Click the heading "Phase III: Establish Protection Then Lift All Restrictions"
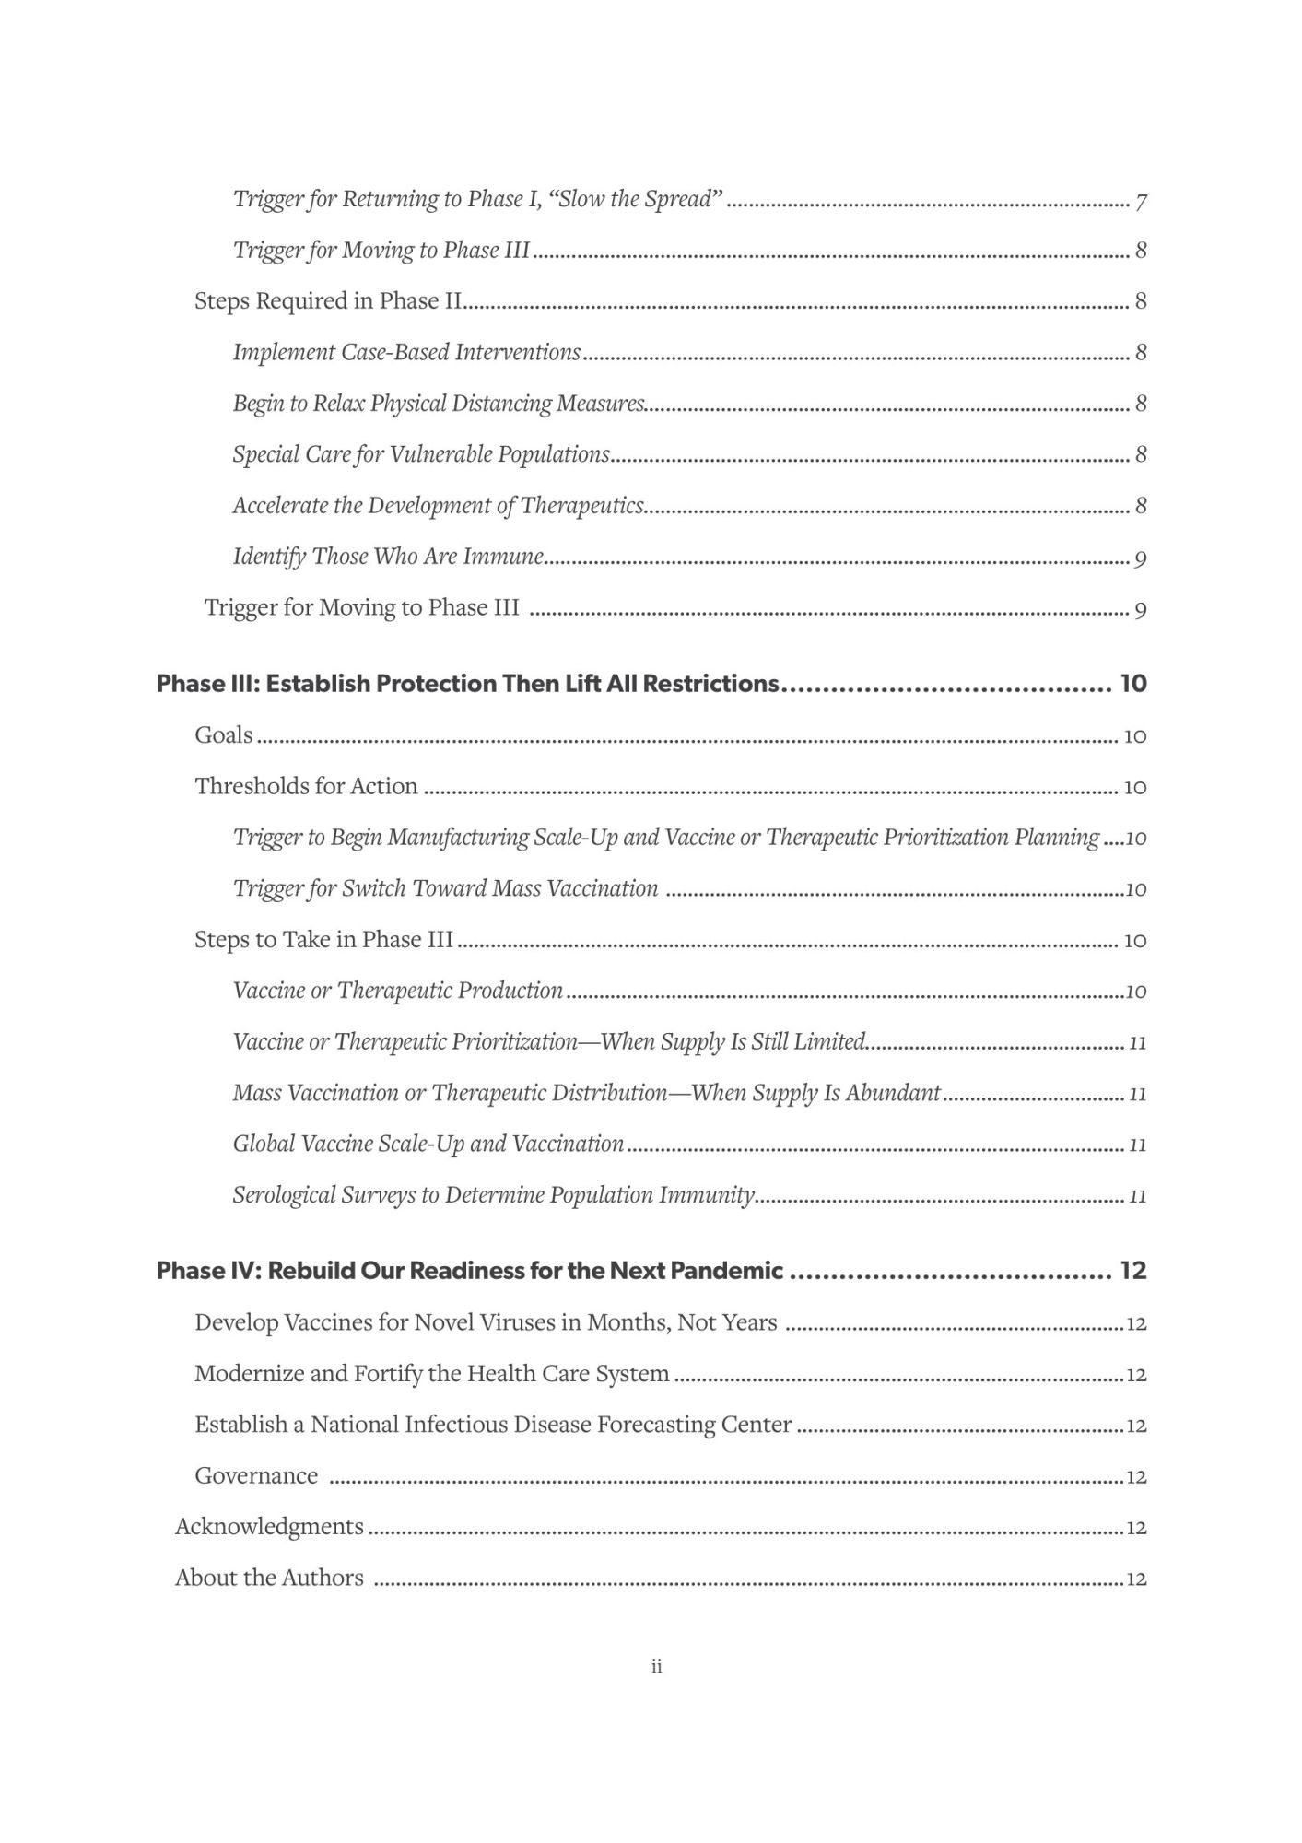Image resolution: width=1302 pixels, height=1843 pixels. (467, 684)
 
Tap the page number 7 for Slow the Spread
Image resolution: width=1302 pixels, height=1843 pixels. (1141, 201)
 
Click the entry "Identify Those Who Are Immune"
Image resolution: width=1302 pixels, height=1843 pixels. (387, 557)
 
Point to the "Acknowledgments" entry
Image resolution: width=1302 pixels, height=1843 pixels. (269, 1527)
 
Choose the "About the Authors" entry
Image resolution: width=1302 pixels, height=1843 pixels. (269, 1578)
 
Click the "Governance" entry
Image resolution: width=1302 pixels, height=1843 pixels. (256, 1475)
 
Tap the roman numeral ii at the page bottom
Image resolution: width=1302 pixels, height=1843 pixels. (656, 1666)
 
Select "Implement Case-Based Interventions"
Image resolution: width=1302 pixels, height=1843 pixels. (406, 352)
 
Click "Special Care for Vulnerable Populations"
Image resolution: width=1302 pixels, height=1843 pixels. (421, 454)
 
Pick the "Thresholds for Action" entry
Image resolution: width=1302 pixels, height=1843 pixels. (306, 786)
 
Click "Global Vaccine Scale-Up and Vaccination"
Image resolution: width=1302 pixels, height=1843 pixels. (428, 1144)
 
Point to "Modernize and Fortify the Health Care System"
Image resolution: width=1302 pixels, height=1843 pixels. (431, 1373)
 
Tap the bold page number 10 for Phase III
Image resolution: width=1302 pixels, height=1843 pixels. (1132, 684)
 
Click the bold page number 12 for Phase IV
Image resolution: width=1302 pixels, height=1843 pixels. (1132, 1271)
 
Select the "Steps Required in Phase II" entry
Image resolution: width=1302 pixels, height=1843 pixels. (327, 301)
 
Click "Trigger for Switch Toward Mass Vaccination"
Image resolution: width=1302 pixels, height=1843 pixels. (445, 888)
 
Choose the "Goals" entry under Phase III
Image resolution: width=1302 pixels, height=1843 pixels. (223, 734)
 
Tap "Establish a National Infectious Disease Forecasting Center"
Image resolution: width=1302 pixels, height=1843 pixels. (493, 1425)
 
